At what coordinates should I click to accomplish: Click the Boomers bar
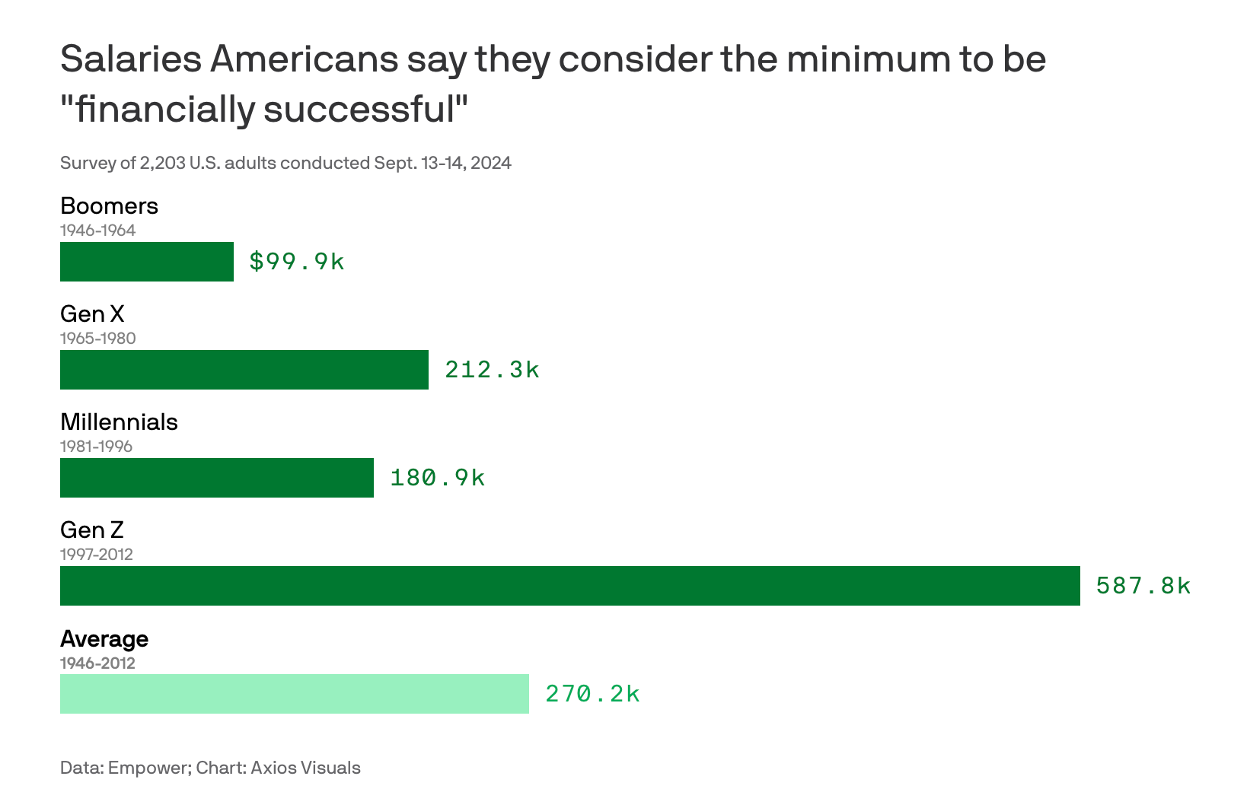point(147,262)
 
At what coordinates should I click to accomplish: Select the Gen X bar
point(244,370)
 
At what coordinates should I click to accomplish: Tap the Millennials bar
point(217,478)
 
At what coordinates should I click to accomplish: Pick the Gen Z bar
point(569,586)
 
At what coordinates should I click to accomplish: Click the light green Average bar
point(295,694)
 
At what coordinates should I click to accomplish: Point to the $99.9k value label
point(297,262)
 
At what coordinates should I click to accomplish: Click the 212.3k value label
point(492,370)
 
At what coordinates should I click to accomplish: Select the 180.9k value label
point(437,478)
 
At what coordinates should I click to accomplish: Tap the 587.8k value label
point(1143,586)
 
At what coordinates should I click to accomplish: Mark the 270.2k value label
point(592,694)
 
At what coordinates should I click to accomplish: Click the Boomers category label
point(109,206)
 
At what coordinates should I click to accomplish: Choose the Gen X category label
point(92,314)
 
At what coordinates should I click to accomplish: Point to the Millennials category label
point(119,422)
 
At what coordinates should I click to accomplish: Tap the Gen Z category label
point(91,530)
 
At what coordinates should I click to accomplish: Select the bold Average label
point(104,638)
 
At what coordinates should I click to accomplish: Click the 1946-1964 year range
point(97,231)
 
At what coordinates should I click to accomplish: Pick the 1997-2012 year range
point(97,555)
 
